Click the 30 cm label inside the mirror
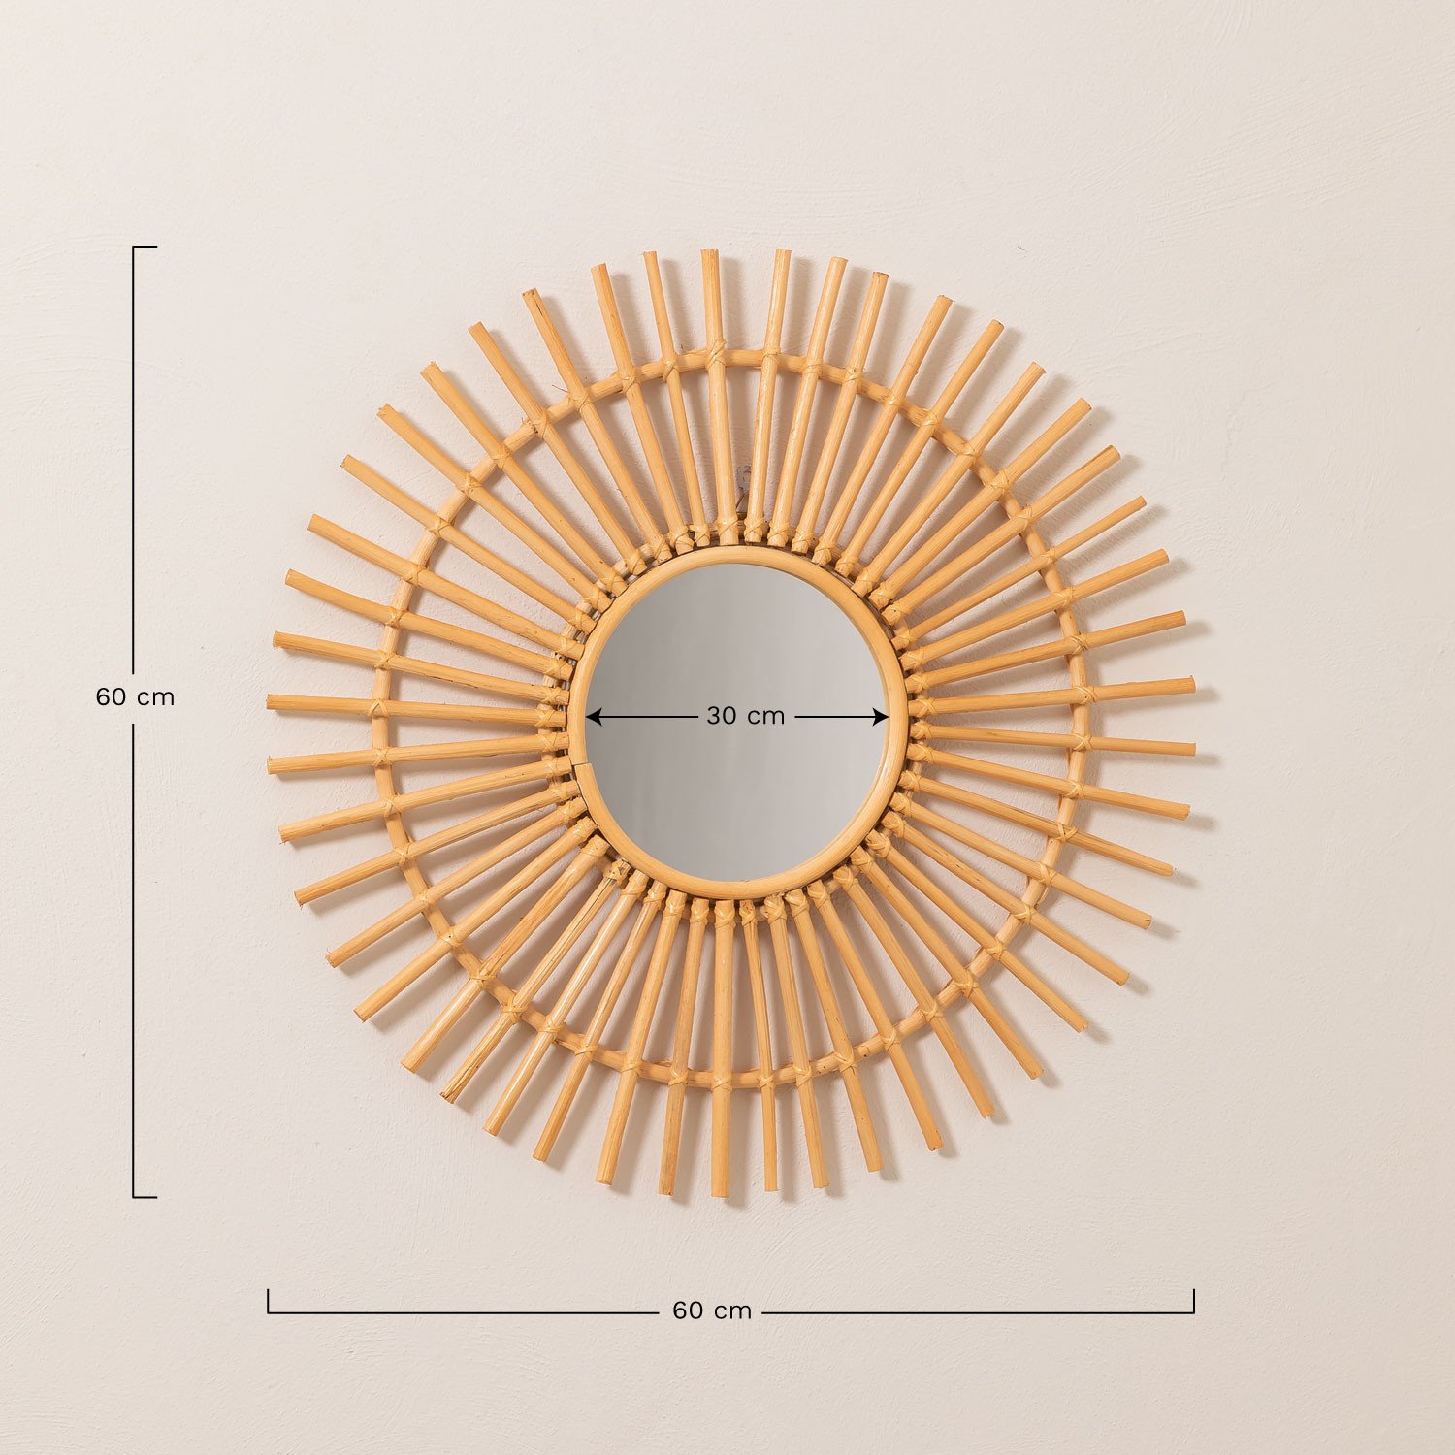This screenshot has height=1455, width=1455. coord(745,716)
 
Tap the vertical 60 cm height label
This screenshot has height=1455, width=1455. coord(135,696)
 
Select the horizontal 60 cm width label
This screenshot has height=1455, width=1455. coord(712,1310)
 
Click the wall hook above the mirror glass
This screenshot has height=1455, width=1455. coord(745,476)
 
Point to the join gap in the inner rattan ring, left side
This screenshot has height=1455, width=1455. coord(574,767)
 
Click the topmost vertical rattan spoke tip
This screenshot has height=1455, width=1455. coord(710,254)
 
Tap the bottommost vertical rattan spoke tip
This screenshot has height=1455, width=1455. coord(721,1191)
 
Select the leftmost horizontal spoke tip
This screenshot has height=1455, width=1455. coord(272,701)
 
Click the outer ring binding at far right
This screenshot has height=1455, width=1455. coord(1084,694)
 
